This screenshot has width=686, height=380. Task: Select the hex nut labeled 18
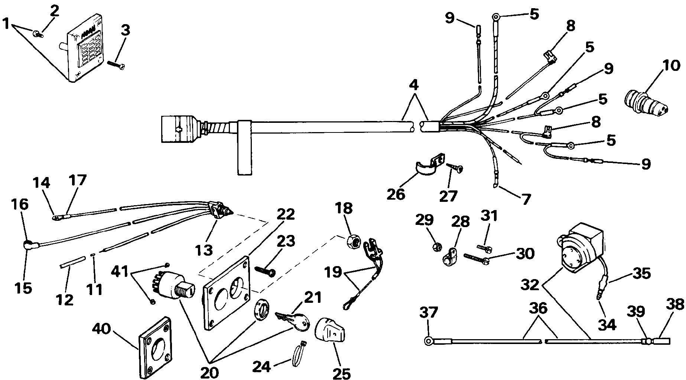pyautogui.click(x=352, y=242)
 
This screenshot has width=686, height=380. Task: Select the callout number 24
pyautogui.click(x=264, y=367)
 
